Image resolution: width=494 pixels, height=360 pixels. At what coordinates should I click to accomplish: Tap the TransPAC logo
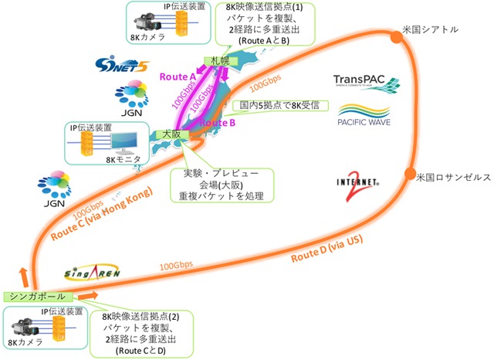(366, 83)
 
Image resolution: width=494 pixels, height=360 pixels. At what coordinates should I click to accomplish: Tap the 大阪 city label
(167, 134)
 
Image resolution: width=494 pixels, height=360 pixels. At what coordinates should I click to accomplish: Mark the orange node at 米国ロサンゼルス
(410, 173)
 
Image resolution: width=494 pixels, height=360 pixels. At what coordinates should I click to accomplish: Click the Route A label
(178, 76)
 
